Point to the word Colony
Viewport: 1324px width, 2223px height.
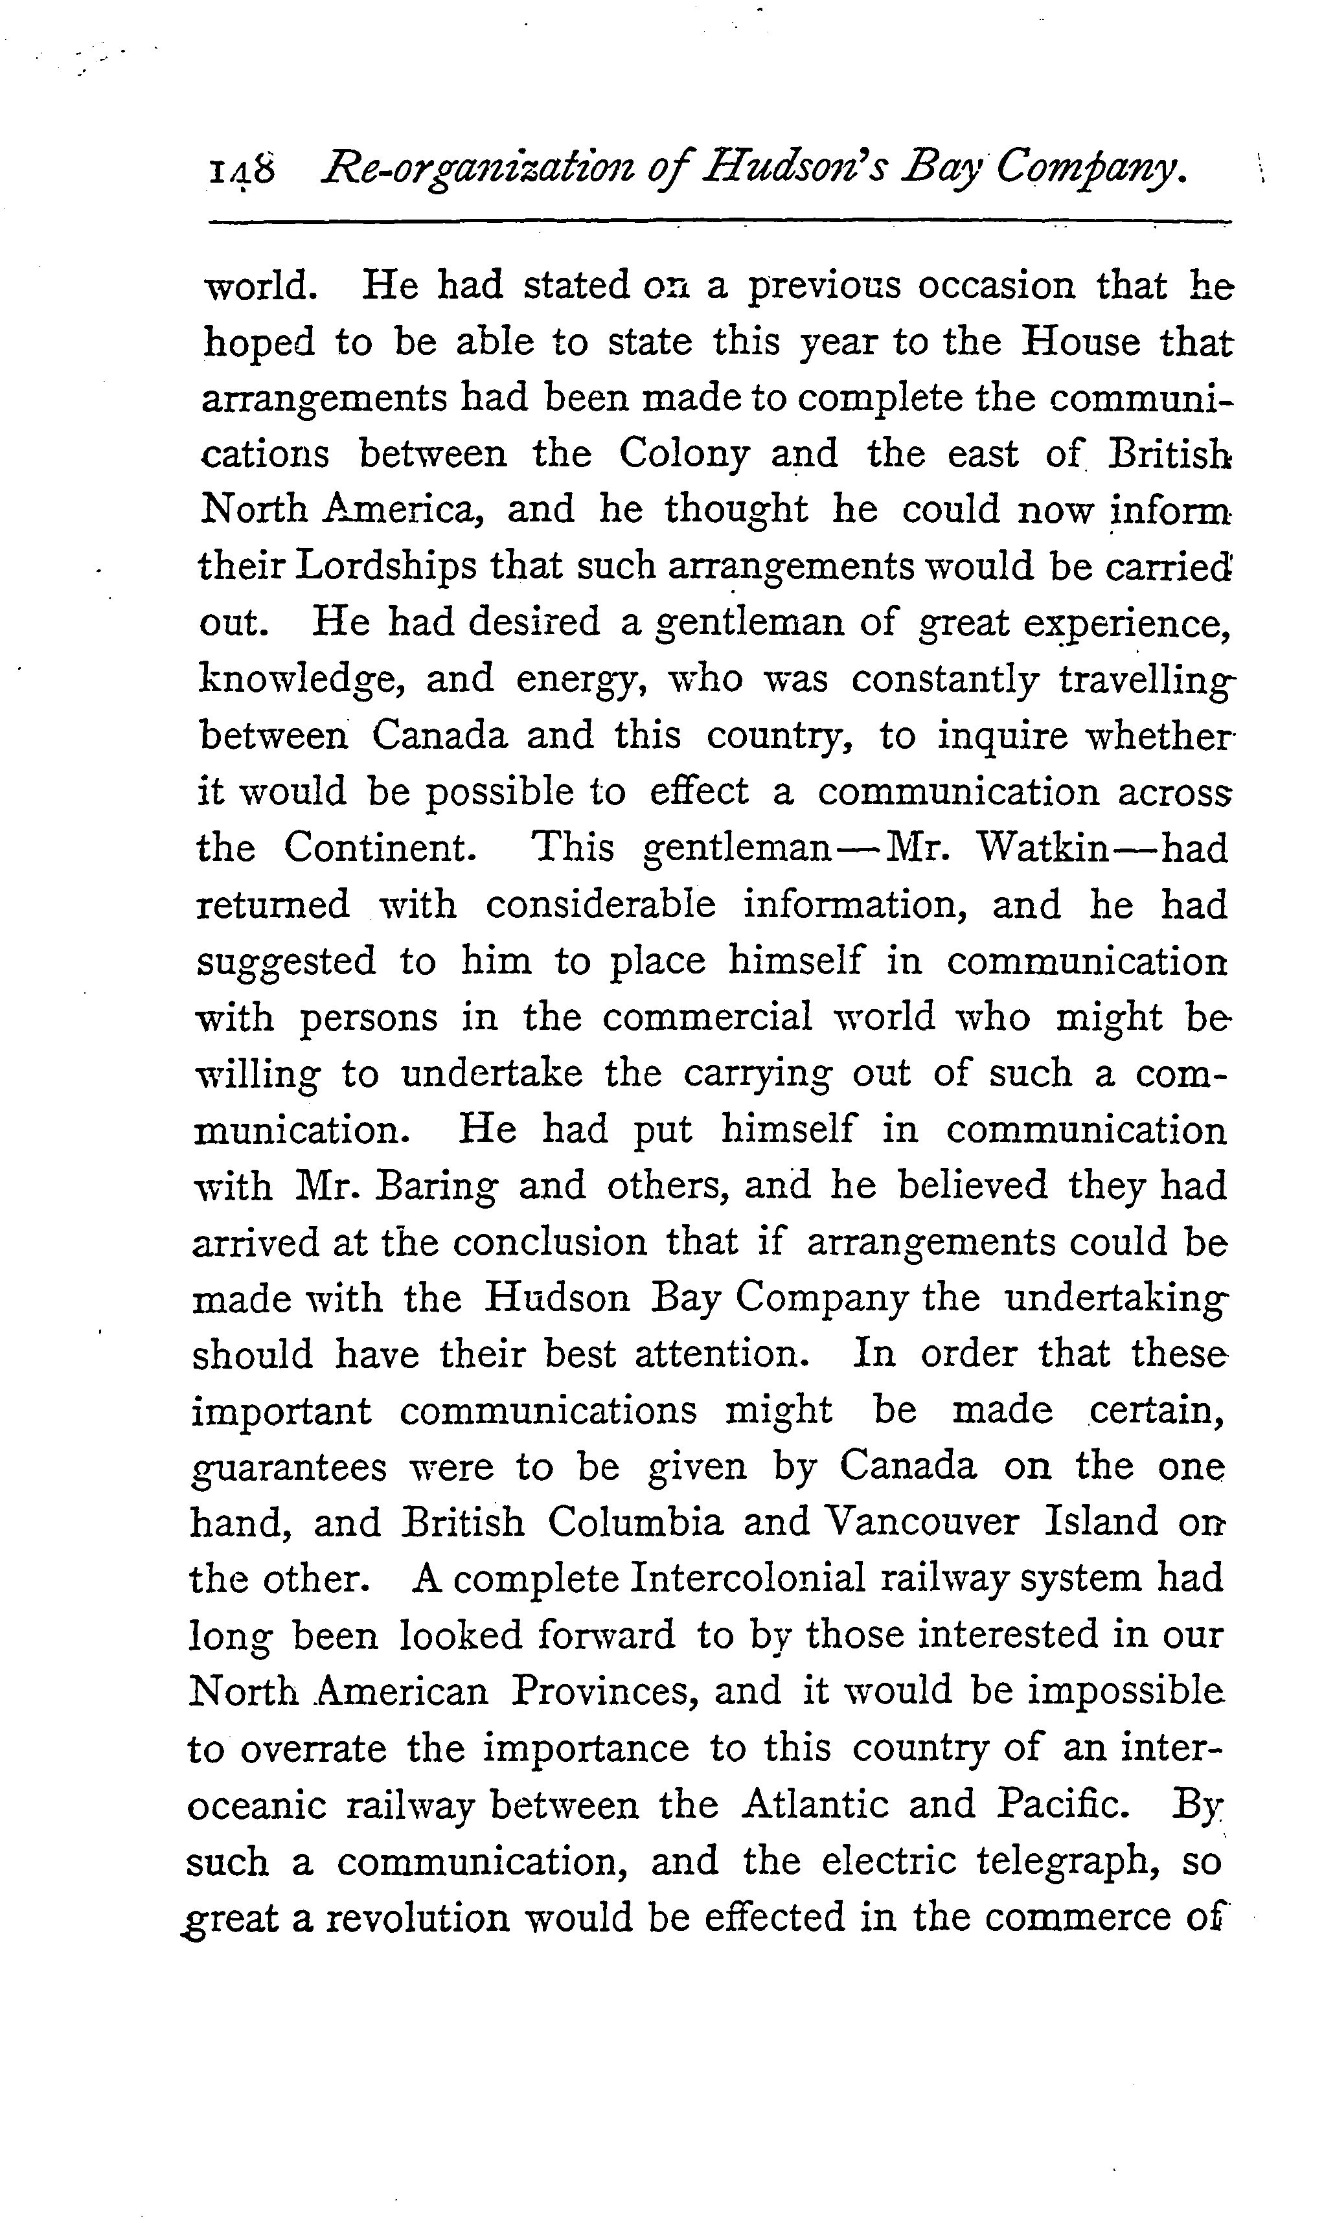683,454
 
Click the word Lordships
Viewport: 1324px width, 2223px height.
385,565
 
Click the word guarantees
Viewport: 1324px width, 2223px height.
289,1468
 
